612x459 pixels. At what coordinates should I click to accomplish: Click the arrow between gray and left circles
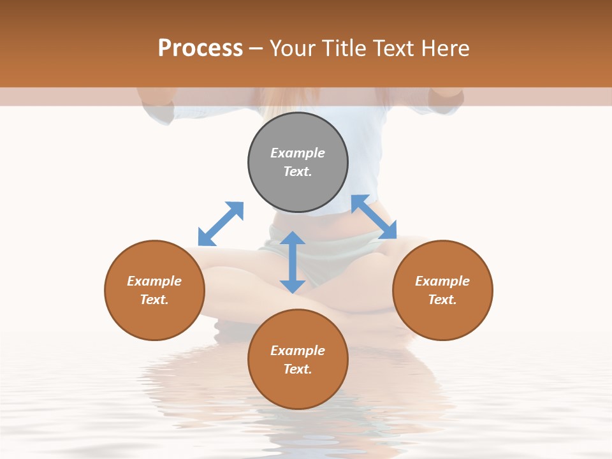pyautogui.click(x=221, y=224)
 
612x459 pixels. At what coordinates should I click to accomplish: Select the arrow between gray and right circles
pyautogui.click(x=374, y=217)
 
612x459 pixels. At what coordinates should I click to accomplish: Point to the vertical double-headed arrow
pyautogui.click(x=293, y=262)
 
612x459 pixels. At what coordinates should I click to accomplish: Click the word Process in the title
pyautogui.click(x=200, y=48)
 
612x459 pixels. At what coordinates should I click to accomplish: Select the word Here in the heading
pyautogui.click(x=445, y=48)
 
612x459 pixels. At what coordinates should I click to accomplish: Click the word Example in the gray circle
pyautogui.click(x=298, y=153)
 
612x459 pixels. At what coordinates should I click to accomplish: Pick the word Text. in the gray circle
pyautogui.click(x=298, y=171)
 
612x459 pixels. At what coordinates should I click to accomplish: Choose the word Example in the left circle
pyautogui.click(x=154, y=281)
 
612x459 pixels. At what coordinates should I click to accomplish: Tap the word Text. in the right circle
pyautogui.click(x=442, y=300)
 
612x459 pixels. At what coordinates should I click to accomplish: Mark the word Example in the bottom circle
pyautogui.click(x=298, y=351)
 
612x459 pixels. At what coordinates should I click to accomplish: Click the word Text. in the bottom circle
pyautogui.click(x=298, y=369)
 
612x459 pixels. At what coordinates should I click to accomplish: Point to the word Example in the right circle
pyautogui.click(x=442, y=281)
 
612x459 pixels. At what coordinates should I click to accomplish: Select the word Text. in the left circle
pyautogui.click(x=154, y=300)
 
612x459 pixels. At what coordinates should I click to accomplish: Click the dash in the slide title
pyautogui.click(x=256, y=48)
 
